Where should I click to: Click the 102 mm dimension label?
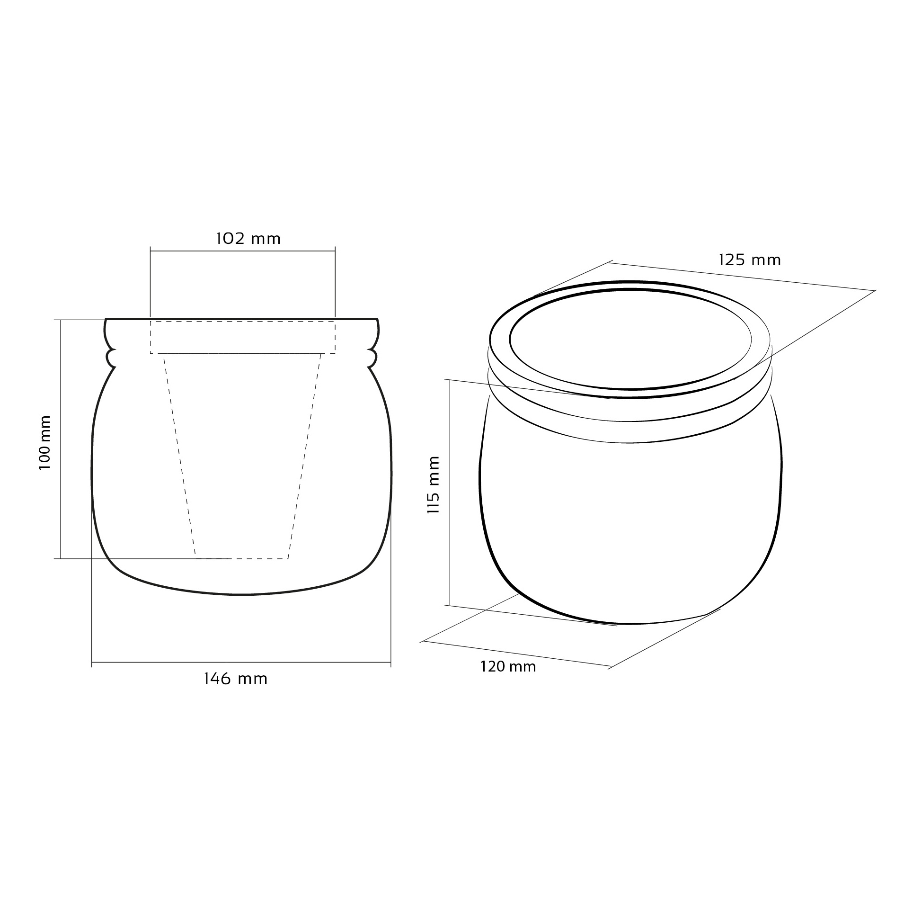coord(248,239)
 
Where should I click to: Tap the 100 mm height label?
coord(44,443)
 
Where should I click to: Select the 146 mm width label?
coord(236,679)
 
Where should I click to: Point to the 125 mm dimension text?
coord(750,260)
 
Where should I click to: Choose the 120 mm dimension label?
coord(508,667)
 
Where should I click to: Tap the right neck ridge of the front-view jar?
coord(372,358)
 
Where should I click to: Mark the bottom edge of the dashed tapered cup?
coord(242,559)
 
